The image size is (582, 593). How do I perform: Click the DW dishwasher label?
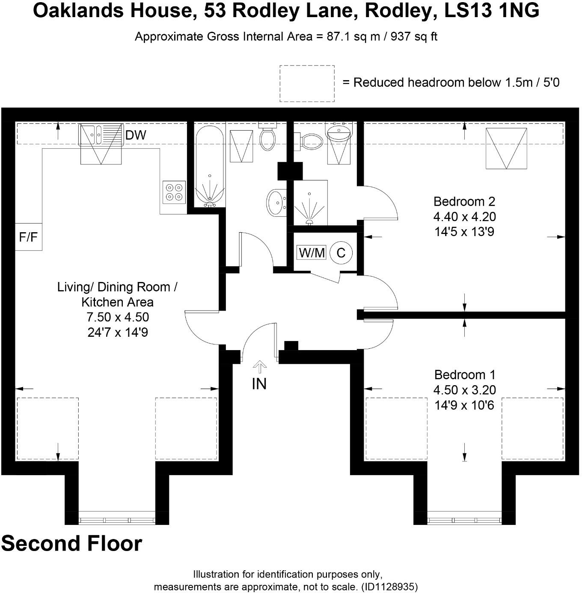(x=136, y=135)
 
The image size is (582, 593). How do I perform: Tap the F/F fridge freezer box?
(x=28, y=237)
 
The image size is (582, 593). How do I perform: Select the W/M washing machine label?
(x=312, y=252)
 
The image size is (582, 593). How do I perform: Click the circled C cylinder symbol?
(x=341, y=252)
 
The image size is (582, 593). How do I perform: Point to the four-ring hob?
(x=174, y=192)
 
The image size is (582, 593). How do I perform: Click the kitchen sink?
(x=100, y=135)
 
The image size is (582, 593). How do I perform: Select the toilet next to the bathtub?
(x=267, y=136)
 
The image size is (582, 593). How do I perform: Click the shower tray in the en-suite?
(x=310, y=203)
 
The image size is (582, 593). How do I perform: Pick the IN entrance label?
(x=259, y=384)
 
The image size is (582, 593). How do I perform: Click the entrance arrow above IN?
(x=259, y=367)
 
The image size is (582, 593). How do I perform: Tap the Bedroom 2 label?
(x=464, y=201)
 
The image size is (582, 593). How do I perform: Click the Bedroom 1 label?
(x=465, y=375)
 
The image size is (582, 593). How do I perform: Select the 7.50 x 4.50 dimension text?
(x=118, y=317)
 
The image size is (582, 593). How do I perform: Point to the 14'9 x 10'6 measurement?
(x=464, y=405)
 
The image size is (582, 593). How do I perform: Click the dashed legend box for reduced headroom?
(x=307, y=84)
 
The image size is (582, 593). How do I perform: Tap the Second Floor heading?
(x=71, y=543)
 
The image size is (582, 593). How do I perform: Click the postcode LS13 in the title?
(x=469, y=11)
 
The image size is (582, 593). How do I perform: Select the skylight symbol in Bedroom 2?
(x=506, y=148)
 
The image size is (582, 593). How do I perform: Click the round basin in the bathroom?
(x=276, y=202)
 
